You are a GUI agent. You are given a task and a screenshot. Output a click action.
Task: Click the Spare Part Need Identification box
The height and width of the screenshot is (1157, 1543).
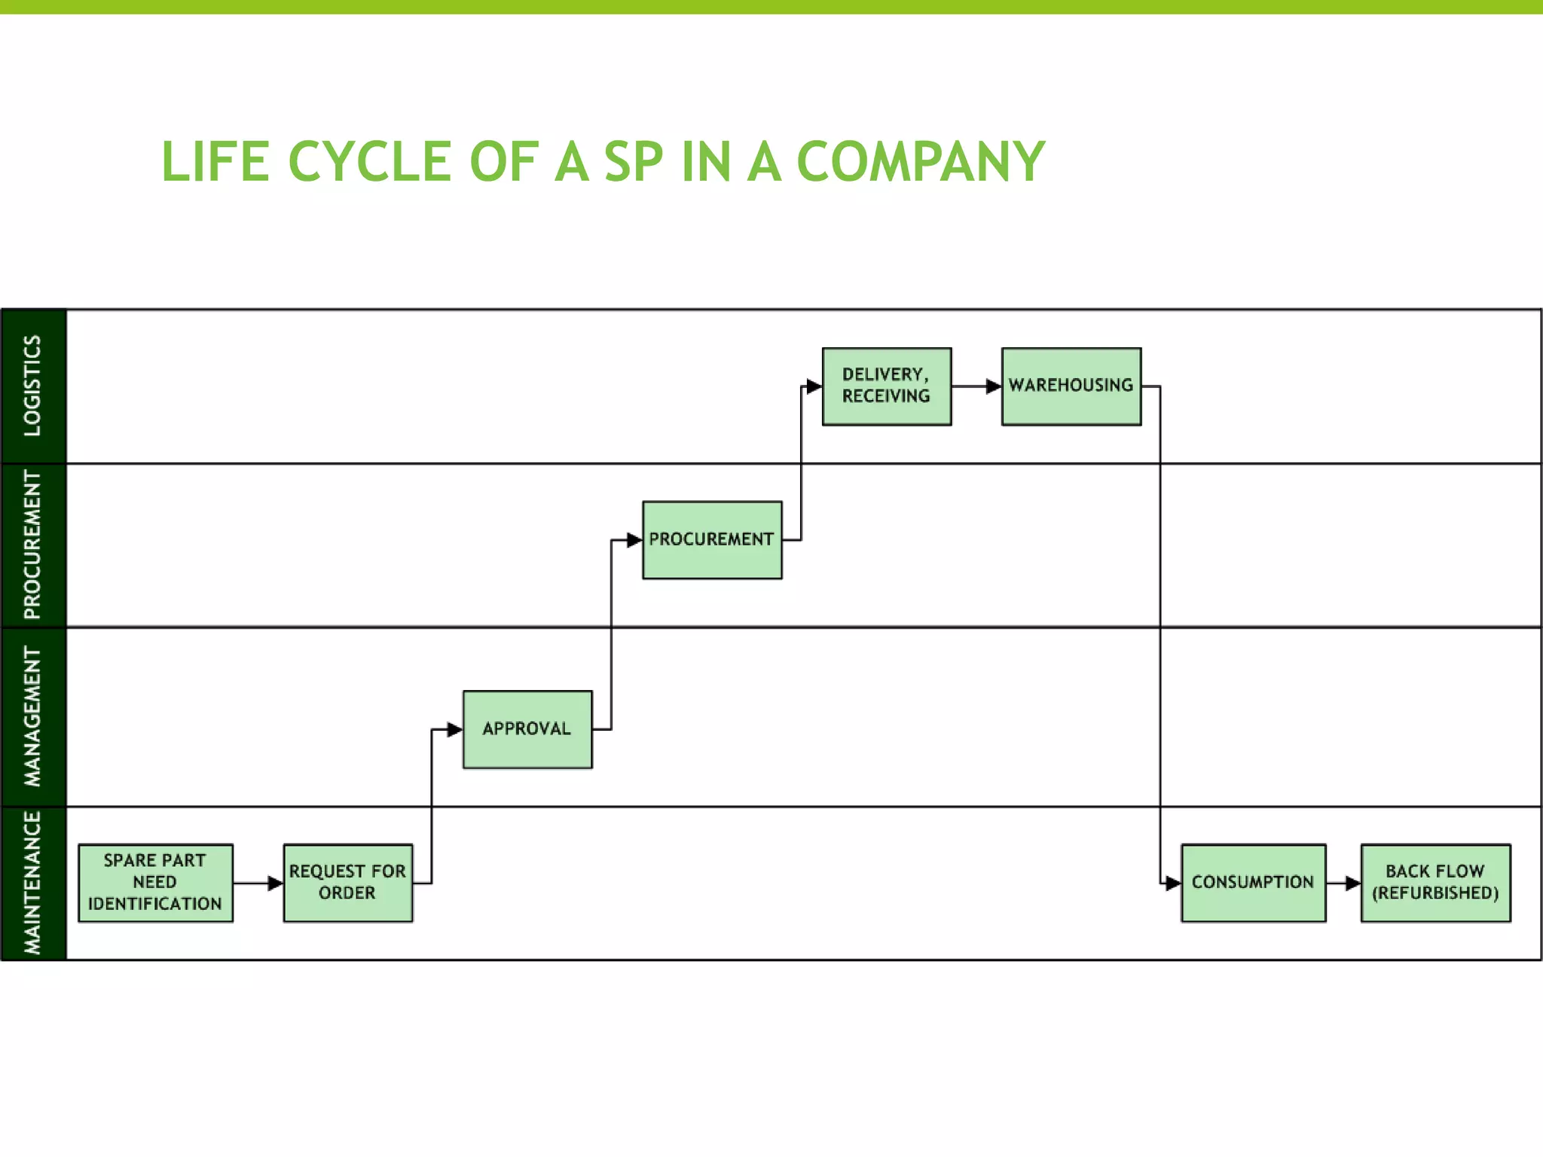(x=155, y=883)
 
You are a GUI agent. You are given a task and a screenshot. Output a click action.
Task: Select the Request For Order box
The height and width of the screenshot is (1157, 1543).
(x=347, y=883)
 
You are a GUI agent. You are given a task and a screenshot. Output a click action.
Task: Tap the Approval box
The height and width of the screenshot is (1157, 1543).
(x=527, y=729)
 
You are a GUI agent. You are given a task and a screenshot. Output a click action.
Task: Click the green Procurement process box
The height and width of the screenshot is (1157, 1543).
(x=712, y=540)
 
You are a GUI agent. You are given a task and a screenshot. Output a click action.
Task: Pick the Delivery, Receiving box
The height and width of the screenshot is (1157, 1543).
(x=886, y=386)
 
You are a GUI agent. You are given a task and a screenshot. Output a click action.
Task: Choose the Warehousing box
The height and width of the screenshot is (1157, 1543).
(x=1071, y=386)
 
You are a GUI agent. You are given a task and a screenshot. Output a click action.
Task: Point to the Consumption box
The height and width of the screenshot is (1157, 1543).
(x=1253, y=883)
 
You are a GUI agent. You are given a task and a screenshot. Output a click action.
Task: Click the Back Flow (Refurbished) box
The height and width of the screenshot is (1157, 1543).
(x=1435, y=883)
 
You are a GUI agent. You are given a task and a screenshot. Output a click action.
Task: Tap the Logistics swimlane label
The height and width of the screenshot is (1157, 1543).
(x=33, y=386)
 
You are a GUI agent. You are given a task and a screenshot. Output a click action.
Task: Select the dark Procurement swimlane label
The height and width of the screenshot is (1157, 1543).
(x=33, y=545)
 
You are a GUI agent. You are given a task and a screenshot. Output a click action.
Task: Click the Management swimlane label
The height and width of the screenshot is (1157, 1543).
(x=33, y=716)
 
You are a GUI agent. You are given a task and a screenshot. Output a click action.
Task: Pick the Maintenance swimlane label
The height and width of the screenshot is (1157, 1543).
(x=33, y=883)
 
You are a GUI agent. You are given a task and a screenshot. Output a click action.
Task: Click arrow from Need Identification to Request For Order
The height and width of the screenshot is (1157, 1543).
(x=258, y=883)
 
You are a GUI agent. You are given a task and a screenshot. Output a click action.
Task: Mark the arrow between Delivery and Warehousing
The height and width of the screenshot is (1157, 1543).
(x=976, y=386)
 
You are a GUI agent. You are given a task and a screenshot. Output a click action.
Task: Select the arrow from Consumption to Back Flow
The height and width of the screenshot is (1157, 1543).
(x=1343, y=883)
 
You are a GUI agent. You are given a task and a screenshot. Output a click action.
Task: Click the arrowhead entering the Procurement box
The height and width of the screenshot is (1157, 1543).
(x=634, y=540)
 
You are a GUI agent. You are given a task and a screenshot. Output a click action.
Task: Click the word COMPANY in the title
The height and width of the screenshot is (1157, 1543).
(x=921, y=162)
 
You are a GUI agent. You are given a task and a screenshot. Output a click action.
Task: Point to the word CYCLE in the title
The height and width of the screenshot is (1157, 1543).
(x=370, y=162)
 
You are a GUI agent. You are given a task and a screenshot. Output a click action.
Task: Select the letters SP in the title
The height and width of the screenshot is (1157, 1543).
(x=633, y=162)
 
